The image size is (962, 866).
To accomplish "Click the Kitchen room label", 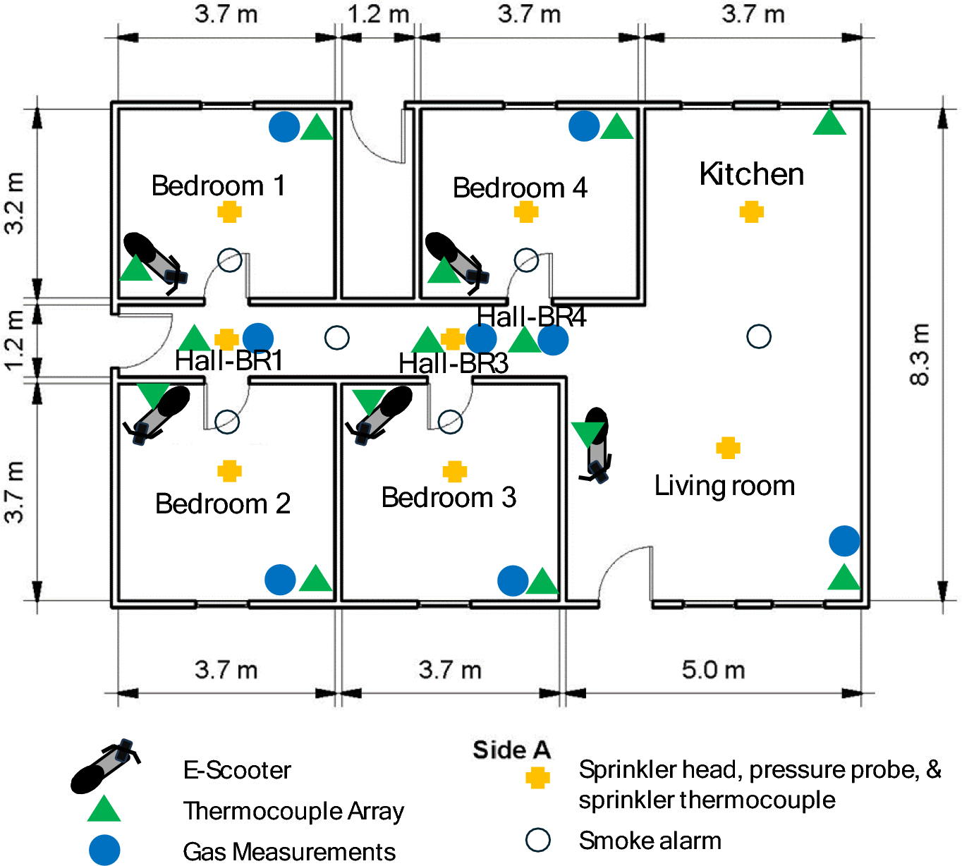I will [x=751, y=174].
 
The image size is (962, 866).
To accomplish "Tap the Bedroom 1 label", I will [x=218, y=185].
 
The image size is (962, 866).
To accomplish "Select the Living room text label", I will [x=724, y=486].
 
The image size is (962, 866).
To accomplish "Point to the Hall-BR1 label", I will [x=229, y=360].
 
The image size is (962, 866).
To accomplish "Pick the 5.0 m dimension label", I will [x=713, y=669].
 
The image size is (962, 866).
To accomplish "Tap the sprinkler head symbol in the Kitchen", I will [x=752, y=212].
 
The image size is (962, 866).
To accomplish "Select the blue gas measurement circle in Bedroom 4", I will [x=584, y=126].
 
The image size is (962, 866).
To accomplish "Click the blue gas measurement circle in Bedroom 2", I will [x=280, y=580].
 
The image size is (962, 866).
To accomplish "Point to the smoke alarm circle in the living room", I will [x=759, y=336].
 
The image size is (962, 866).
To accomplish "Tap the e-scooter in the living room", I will [x=597, y=444].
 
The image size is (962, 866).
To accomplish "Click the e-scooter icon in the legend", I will [x=105, y=767].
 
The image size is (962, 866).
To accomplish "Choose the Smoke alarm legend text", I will [x=650, y=841].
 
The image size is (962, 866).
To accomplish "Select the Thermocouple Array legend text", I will [x=293, y=811].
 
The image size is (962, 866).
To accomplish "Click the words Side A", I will [x=511, y=750].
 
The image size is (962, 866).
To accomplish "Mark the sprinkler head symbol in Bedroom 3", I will [x=455, y=471].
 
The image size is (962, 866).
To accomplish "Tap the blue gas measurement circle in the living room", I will [x=844, y=541].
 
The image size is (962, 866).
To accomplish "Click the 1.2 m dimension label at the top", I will [x=378, y=13].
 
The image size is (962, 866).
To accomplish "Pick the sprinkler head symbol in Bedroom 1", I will [x=230, y=212].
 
